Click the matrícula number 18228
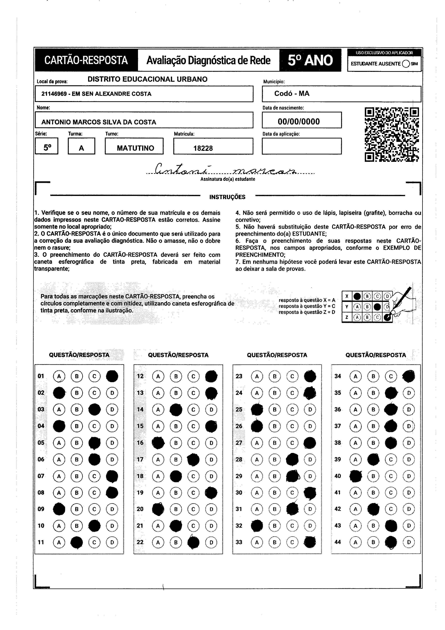[203, 148]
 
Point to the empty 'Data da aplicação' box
[302, 146]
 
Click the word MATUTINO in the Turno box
[135, 148]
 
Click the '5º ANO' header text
[310, 60]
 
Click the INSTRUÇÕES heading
[227, 197]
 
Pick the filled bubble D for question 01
[112, 376]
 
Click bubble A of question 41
[356, 493]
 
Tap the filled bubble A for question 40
[356, 476]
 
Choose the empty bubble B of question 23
[275, 376]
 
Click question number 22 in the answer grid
[140, 542]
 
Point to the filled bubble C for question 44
[391, 542]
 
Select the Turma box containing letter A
[81, 146]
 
